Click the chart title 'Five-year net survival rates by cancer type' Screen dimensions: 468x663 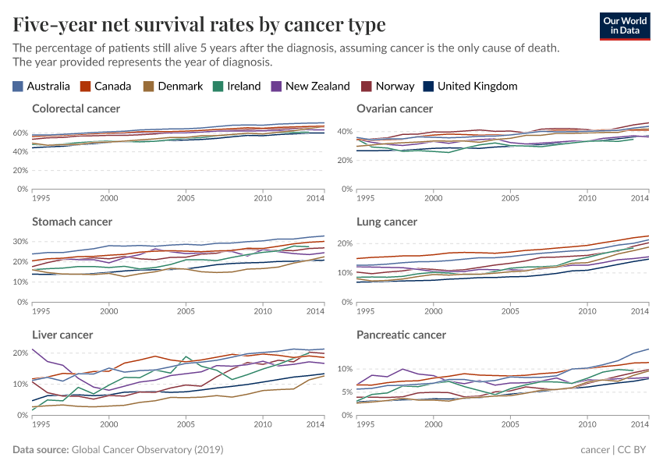[x=199, y=25]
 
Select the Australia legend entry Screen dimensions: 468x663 [x=42, y=86]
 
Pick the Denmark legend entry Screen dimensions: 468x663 [x=172, y=86]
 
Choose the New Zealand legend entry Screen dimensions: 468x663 [x=310, y=86]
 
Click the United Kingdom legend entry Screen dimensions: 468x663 [x=470, y=86]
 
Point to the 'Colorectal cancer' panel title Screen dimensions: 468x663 [x=76, y=108]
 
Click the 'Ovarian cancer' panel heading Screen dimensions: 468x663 [x=395, y=108]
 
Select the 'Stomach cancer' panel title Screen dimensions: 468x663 [x=73, y=222]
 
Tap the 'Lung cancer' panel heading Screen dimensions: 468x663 [x=387, y=222]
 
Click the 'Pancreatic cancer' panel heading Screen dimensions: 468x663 [x=400, y=335]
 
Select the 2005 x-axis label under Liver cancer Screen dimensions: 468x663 [x=186, y=424]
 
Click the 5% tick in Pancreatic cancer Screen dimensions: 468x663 [x=346, y=392]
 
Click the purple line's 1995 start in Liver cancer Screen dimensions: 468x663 [x=33, y=349]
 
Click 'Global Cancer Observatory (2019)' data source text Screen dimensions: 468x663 [x=147, y=450]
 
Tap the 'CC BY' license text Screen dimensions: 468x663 [x=635, y=450]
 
